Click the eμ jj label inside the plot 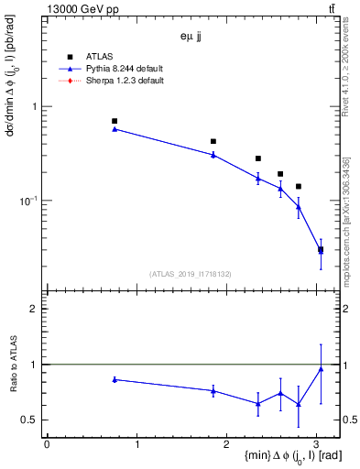pos(191,38)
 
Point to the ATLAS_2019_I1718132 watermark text pos(190,274)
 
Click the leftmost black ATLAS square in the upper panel pos(115,121)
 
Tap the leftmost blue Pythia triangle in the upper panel pos(115,129)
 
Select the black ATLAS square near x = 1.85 pos(213,141)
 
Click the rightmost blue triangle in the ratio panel pos(321,369)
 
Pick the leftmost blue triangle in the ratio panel pos(115,379)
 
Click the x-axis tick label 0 pos(47,444)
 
